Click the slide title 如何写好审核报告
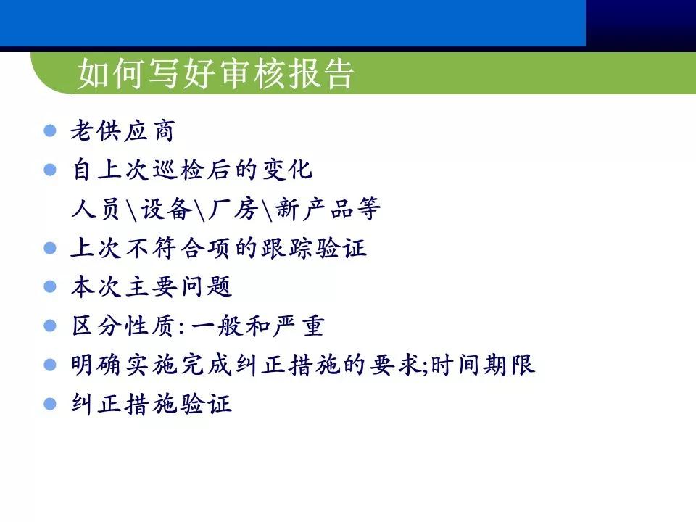point(216,74)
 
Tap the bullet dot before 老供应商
point(50,131)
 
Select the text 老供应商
point(122,132)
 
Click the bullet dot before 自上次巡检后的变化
point(50,170)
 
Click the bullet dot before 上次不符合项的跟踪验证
point(50,248)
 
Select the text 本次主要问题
point(151,287)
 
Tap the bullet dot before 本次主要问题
point(50,287)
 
